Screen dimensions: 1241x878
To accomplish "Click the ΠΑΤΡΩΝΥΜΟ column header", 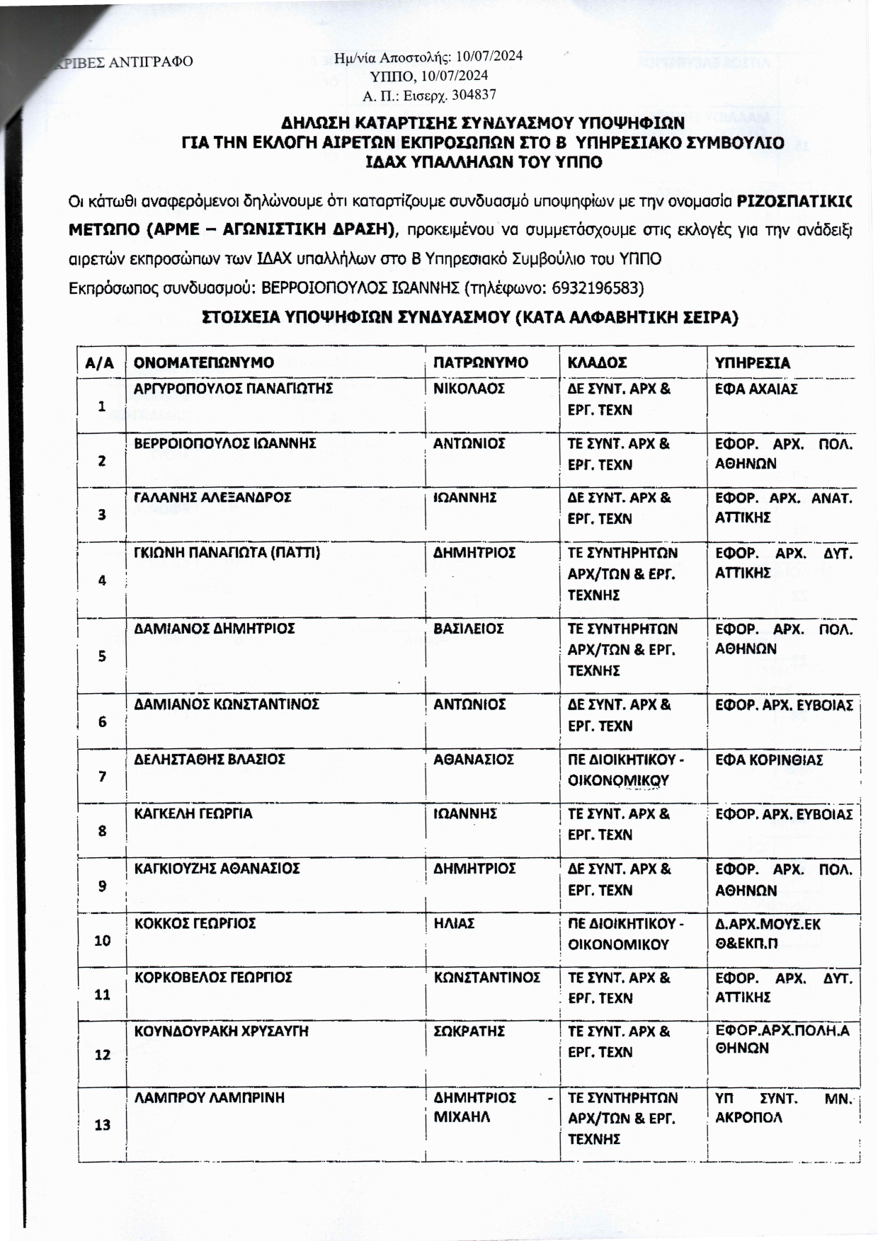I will pyautogui.click(x=480, y=362).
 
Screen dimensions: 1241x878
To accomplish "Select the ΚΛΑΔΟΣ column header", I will pyautogui.click(x=597, y=362).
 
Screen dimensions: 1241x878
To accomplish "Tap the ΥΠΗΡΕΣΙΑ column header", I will pyautogui.click(x=752, y=362).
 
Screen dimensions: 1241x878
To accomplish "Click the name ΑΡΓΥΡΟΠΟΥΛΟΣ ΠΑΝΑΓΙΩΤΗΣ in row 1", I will pyautogui.click(x=224, y=389).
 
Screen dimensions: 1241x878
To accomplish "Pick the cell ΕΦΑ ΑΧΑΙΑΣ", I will pyautogui.click(x=756, y=389).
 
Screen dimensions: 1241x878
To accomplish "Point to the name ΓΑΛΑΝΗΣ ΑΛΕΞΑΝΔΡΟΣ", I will pyautogui.click(x=212, y=498).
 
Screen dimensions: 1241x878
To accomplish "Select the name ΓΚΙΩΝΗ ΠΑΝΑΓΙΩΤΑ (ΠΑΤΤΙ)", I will pyautogui.click(x=227, y=552).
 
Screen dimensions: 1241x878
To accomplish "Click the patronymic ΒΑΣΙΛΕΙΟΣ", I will pyautogui.click(x=468, y=628).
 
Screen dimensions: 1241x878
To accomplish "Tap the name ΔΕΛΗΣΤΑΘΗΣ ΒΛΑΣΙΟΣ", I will pyautogui.click(x=210, y=759).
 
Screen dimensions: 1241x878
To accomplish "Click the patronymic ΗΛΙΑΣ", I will pyautogui.click(x=454, y=923).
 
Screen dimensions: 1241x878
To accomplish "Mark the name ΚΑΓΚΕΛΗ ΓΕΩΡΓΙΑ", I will pyautogui.click(x=193, y=813).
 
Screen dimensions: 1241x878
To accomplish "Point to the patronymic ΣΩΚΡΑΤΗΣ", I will pyautogui.click(x=468, y=1031).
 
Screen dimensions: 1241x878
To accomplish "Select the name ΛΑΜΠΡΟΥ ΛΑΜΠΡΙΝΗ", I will pyautogui.click(x=210, y=1097).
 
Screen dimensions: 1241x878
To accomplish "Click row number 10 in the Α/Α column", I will pyautogui.click(x=102, y=940).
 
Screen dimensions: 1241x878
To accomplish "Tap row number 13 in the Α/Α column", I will pyautogui.click(x=102, y=1124).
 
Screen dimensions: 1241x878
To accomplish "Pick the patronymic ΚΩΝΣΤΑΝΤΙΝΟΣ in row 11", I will pyautogui.click(x=486, y=977).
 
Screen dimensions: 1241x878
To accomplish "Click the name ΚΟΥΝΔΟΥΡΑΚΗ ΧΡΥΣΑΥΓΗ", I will pyautogui.click(x=222, y=1031).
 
